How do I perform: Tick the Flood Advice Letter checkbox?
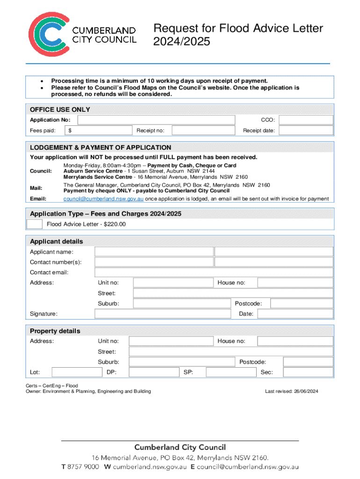point(35,224)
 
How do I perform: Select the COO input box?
point(306,120)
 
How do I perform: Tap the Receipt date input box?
point(306,131)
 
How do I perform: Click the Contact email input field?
point(214,272)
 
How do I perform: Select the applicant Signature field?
point(163,313)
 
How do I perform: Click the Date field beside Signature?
point(295,313)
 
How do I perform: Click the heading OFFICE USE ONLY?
point(60,109)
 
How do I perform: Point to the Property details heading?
point(55,331)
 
